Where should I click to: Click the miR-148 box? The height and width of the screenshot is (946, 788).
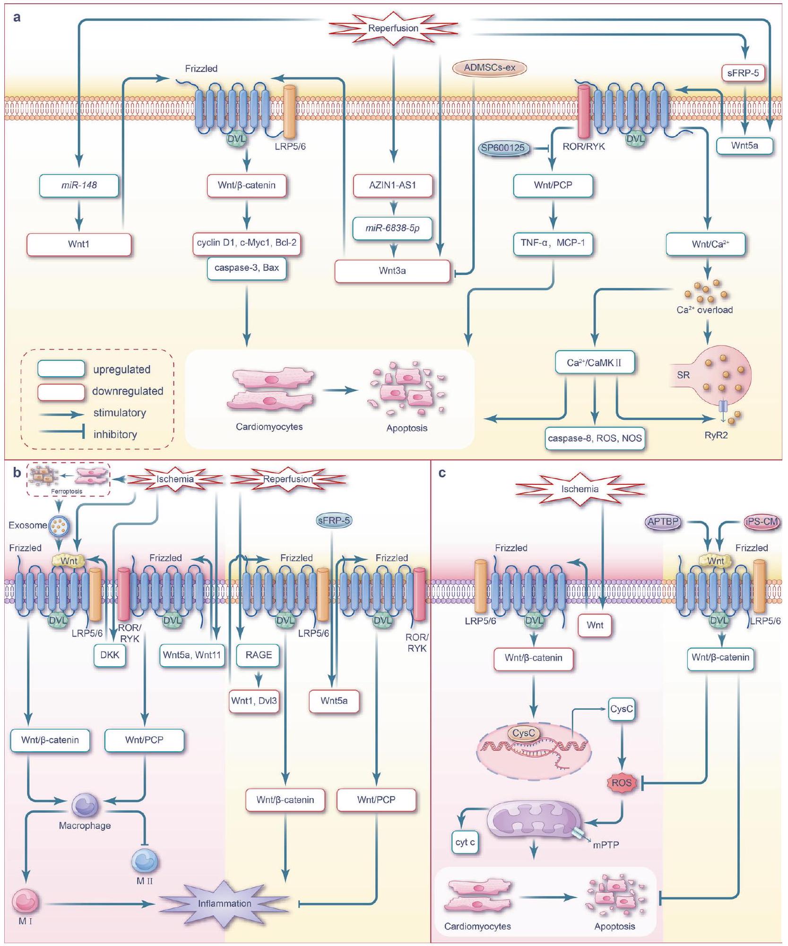[79, 185]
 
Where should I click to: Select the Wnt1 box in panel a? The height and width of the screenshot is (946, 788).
[78, 244]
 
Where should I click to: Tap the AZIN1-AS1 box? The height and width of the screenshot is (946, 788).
[392, 185]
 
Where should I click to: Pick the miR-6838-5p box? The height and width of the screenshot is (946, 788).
[392, 228]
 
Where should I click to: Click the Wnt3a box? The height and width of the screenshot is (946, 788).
[392, 271]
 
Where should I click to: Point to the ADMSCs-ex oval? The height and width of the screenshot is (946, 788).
[489, 68]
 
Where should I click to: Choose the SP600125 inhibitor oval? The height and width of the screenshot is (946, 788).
[503, 148]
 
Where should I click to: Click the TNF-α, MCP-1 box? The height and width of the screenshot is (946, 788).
[553, 243]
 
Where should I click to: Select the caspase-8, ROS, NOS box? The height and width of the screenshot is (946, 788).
[595, 439]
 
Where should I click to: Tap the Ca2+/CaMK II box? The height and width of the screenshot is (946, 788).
[594, 363]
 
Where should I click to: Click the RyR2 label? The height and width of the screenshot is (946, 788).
[716, 435]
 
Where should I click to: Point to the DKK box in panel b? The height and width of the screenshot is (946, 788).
[110, 655]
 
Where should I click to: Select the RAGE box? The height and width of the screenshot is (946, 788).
[259, 655]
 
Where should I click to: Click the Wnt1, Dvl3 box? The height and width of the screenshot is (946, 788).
[254, 701]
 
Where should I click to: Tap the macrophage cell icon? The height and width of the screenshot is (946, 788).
[85, 805]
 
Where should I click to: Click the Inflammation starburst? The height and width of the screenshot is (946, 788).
[225, 903]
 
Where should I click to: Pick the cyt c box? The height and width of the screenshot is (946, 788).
[465, 842]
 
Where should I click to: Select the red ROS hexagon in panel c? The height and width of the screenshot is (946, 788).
[622, 783]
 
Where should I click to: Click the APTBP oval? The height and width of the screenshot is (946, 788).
[663, 522]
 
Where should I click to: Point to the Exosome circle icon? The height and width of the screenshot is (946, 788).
[60, 525]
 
